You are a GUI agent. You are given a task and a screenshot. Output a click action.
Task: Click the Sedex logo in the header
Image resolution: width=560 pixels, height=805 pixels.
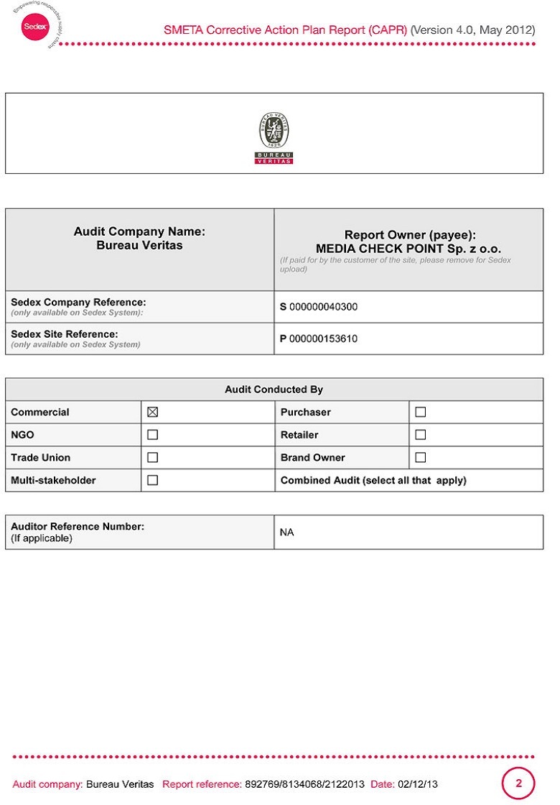tap(34, 27)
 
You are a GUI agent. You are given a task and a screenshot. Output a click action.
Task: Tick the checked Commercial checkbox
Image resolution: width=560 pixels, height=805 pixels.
tap(152, 413)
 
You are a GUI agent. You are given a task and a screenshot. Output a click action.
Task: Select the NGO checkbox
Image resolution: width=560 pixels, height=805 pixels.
tap(152, 435)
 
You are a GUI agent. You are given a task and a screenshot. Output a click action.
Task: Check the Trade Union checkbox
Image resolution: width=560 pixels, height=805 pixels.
tap(152, 458)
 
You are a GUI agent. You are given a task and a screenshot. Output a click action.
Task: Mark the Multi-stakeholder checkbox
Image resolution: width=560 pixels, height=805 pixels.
tap(152, 480)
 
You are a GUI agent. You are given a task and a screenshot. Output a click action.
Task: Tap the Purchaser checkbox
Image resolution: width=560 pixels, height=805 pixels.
tap(421, 413)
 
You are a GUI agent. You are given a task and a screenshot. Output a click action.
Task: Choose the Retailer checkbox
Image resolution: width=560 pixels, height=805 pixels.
tap(421, 435)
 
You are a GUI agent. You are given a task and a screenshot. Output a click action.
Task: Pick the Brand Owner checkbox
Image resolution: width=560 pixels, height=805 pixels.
tap(421, 458)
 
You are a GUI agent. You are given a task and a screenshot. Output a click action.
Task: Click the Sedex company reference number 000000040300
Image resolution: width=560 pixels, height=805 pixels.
tap(323, 307)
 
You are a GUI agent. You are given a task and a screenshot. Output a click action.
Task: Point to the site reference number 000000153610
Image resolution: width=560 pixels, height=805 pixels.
tap(323, 339)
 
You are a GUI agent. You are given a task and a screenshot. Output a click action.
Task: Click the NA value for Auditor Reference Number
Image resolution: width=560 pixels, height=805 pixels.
tap(286, 533)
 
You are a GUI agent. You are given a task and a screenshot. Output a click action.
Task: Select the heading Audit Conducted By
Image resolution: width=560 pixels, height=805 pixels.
tap(274, 390)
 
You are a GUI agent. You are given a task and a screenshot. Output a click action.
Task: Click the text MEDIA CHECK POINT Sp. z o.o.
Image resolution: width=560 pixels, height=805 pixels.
tap(409, 249)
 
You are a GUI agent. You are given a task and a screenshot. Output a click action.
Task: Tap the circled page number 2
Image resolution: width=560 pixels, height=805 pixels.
tap(518, 783)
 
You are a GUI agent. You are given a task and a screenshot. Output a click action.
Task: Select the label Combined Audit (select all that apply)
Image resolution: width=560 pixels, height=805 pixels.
tap(373, 480)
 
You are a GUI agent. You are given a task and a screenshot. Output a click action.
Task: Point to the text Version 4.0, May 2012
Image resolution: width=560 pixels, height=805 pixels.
tap(472, 30)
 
